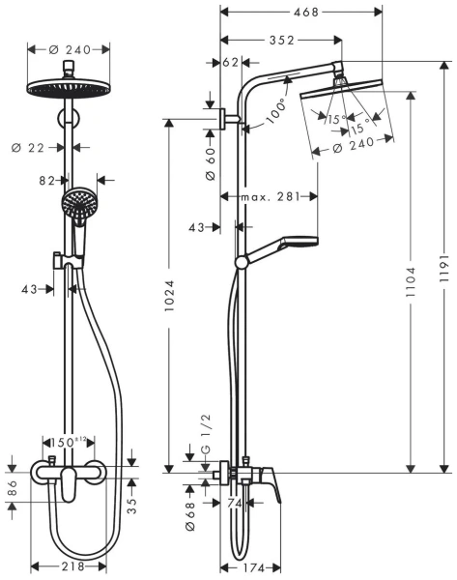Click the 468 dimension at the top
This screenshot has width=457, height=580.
(303, 12)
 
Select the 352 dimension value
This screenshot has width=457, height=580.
(280, 40)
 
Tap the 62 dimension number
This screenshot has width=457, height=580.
(230, 63)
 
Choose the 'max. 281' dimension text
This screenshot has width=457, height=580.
(270, 196)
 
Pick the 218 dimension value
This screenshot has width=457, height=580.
(69, 565)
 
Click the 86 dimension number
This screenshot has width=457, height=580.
(13, 491)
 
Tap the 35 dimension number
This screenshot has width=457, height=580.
(132, 502)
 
